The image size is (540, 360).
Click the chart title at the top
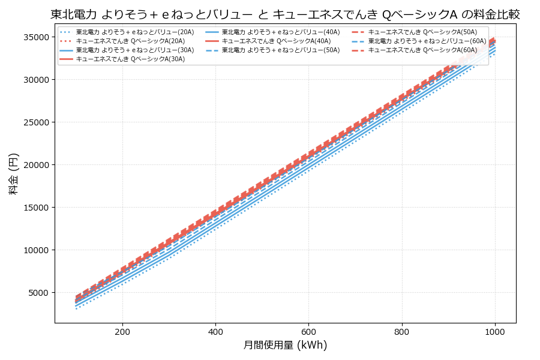(x=285, y=14)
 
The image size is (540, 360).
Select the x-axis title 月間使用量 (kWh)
(x=285, y=345)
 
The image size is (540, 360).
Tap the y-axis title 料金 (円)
(x=14, y=173)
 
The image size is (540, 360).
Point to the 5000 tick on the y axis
(x=37, y=293)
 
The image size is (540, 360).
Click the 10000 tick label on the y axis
(x=35, y=250)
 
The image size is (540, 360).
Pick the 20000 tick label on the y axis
(x=35, y=165)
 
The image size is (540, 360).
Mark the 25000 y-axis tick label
(x=35, y=122)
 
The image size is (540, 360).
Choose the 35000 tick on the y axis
(x=35, y=37)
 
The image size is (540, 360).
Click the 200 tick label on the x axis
(x=122, y=331)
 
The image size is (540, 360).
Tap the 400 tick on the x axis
(x=215, y=331)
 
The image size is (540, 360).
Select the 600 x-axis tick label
(x=308, y=331)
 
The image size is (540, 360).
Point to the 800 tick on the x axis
(x=401, y=331)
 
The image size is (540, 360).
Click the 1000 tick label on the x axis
(x=494, y=331)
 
